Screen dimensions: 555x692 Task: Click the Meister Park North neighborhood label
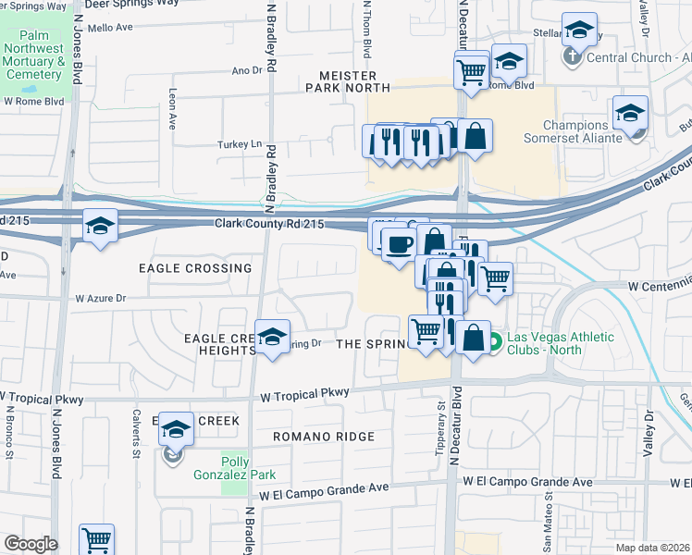[348, 81]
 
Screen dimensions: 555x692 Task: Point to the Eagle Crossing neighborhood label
[194, 268]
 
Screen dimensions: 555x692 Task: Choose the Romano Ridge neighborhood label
[324, 437]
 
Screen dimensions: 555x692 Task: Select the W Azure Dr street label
[100, 299]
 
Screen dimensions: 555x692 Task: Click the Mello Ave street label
[112, 28]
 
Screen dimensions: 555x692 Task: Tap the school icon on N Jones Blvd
[99, 226]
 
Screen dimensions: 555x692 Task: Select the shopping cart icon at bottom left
[96, 539]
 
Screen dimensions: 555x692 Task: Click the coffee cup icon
[399, 244]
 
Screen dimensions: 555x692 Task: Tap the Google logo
[30, 544]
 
